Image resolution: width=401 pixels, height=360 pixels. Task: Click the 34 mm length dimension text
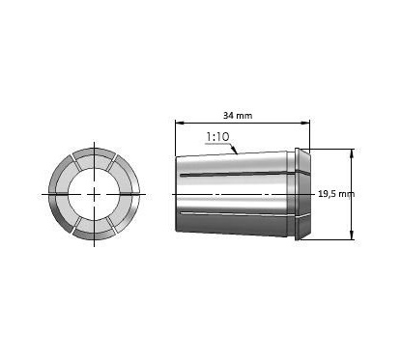coord(238,115)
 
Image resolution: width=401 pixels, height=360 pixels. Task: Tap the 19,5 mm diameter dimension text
coord(335,193)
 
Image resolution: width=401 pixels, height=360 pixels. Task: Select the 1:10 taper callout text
coord(217,138)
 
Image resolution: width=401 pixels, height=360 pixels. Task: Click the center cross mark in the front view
coord(94,193)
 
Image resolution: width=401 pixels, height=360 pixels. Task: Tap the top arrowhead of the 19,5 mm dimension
coord(351,152)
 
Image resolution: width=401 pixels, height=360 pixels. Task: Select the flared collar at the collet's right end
coord(303,193)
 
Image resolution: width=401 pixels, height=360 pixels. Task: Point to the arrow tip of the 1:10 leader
coord(239,152)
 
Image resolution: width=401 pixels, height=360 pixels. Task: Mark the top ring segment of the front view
coord(94,155)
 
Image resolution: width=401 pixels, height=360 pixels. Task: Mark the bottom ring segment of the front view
coord(94,232)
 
